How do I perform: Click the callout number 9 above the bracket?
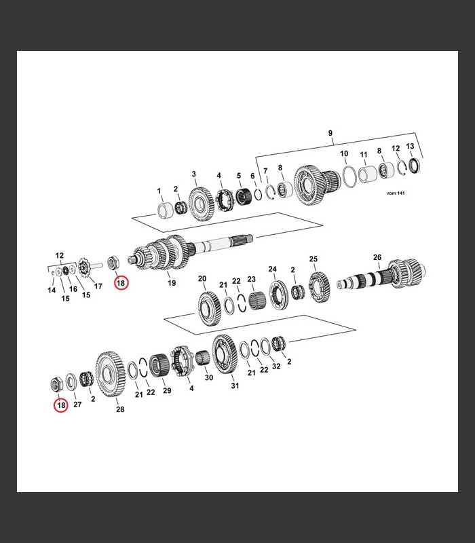pos(330,133)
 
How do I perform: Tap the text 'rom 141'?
pos(396,193)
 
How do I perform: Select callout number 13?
pos(410,146)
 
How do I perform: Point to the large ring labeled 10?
pos(349,176)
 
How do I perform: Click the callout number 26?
pos(377,257)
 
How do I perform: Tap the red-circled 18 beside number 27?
pos(61,405)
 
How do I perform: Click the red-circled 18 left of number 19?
pos(121,283)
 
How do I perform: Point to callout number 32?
pos(276,366)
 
